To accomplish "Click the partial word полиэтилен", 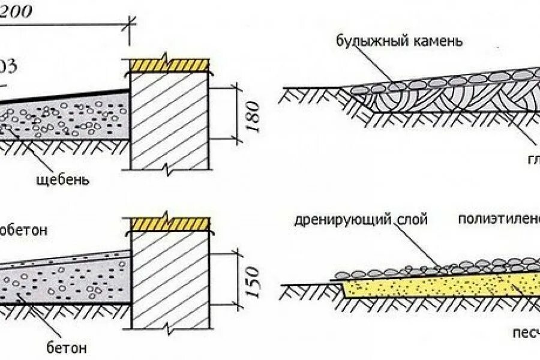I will point(499,219).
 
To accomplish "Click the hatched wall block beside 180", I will point(169,120).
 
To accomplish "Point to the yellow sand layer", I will point(432,285).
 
